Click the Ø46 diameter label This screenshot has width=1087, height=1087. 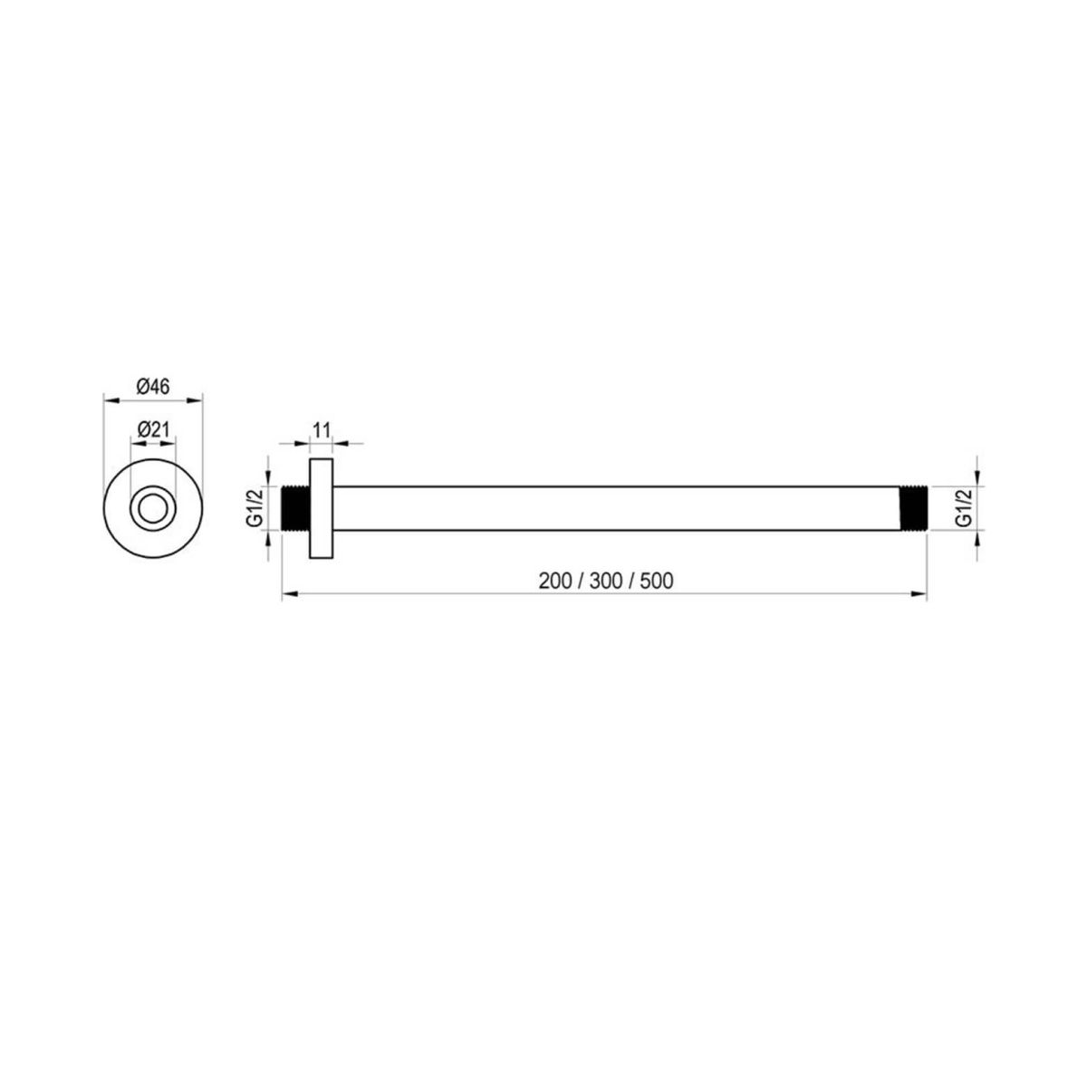point(153,387)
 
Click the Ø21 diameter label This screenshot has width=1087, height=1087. point(153,429)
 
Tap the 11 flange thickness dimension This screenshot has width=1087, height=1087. point(321,430)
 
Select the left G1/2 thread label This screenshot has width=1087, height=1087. point(255,509)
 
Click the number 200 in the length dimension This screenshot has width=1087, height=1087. point(555,581)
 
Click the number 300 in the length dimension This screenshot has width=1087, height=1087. point(606,581)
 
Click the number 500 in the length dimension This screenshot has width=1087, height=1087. point(657,581)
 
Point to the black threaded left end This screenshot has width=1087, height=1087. point(295,509)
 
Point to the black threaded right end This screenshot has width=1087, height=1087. point(911,509)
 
